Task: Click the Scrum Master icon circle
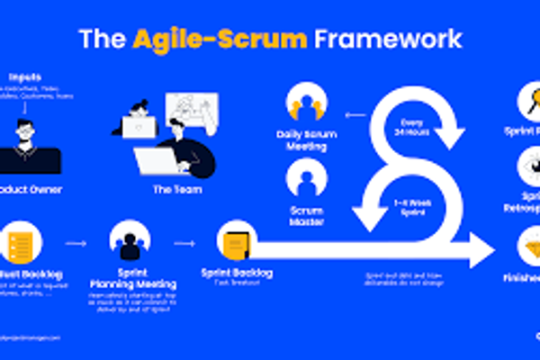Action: pyautogui.click(x=304, y=177)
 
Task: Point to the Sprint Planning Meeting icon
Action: pyautogui.click(x=129, y=241)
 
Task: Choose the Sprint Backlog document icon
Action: pyautogui.click(x=236, y=243)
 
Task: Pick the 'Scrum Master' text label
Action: pyautogui.click(x=305, y=213)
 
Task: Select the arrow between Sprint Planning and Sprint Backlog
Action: pyautogui.click(x=184, y=242)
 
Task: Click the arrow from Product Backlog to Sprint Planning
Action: pyautogui.click(x=76, y=242)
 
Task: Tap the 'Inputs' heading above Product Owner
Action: pyautogui.click(x=28, y=76)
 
